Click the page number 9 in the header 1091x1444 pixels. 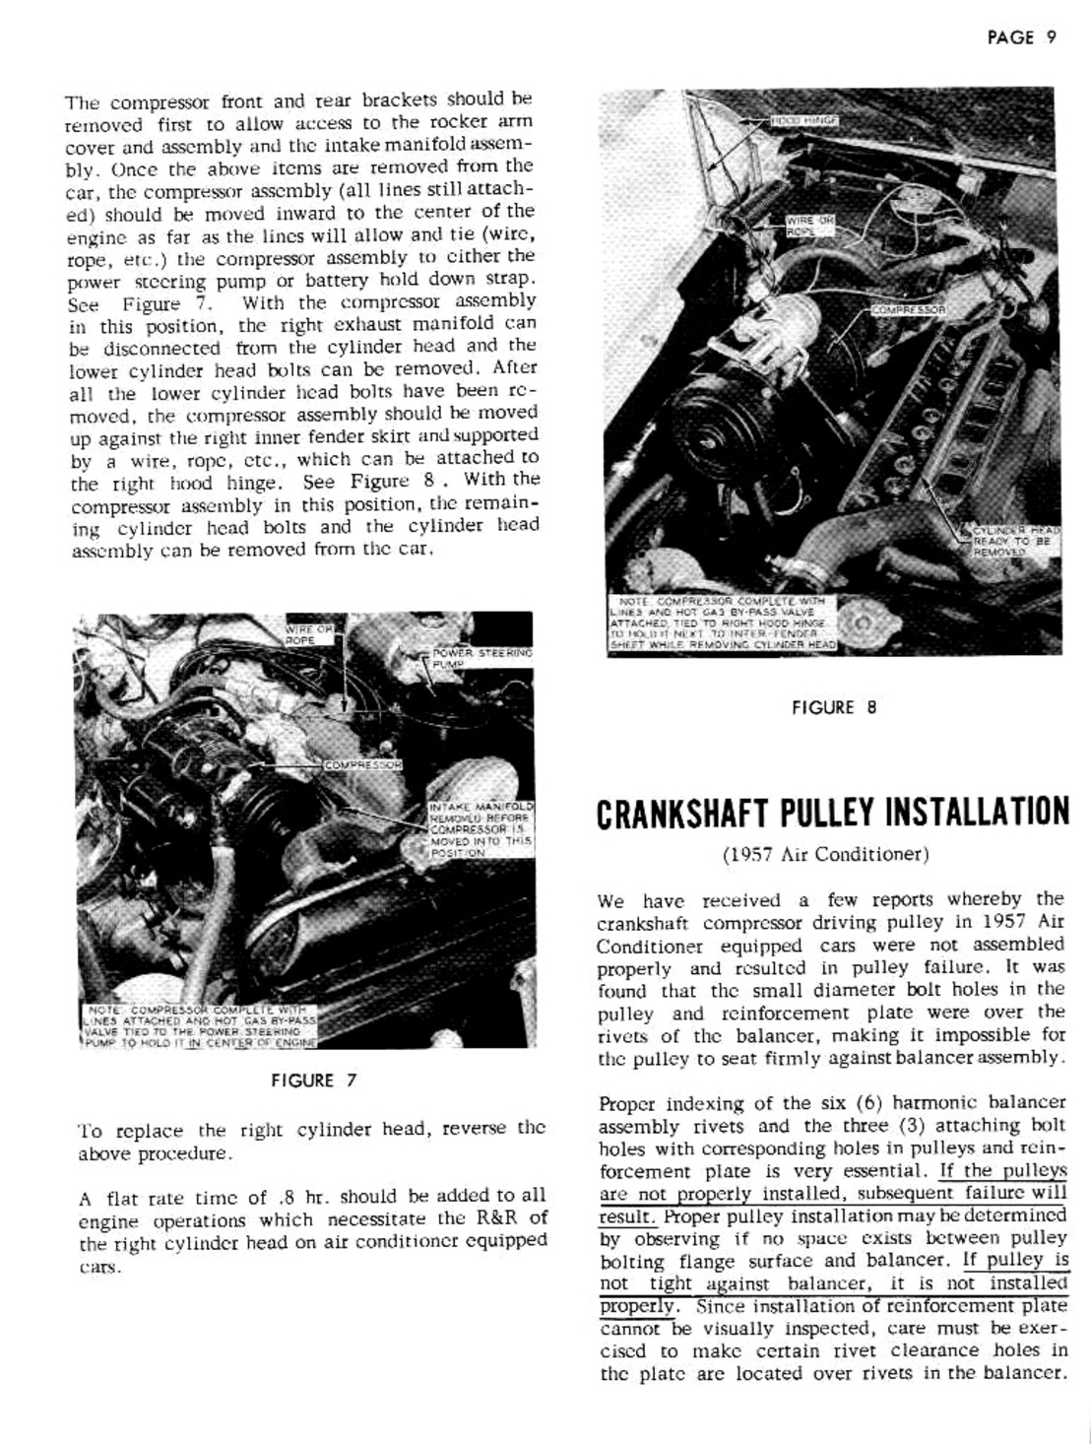(1051, 37)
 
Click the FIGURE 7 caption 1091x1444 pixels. (314, 1080)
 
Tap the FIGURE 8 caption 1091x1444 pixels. (833, 706)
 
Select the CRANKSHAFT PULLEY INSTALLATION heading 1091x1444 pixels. (832, 811)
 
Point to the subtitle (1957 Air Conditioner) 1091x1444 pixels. (825, 854)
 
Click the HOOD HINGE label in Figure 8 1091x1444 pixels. (803, 117)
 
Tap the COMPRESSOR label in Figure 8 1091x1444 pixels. (908, 308)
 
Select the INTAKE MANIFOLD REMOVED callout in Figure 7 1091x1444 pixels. (481, 828)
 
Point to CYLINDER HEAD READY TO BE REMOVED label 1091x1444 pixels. (1012, 541)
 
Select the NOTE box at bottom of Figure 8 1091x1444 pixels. (723, 623)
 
